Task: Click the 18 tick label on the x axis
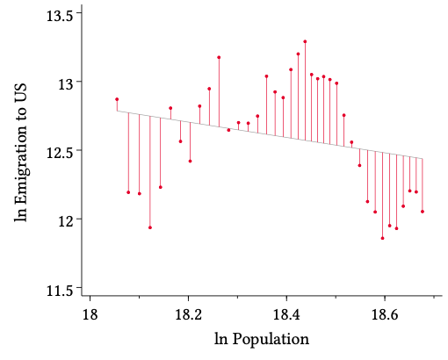(89, 313)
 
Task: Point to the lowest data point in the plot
(382, 238)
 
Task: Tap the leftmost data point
(117, 99)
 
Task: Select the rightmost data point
(423, 212)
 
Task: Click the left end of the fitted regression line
(117, 112)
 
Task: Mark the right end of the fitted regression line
(423, 159)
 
